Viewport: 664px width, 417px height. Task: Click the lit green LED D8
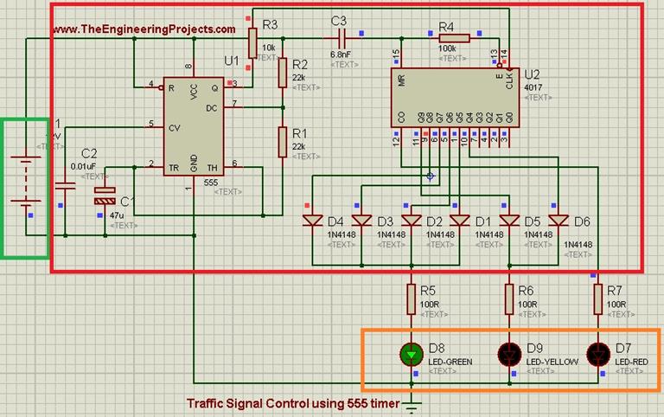click(411, 354)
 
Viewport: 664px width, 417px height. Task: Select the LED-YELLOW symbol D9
click(509, 354)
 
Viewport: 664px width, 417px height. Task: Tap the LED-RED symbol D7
click(597, 354)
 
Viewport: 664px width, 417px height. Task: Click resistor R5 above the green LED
click(411, 299)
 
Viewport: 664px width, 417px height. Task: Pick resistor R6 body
click(509, 299)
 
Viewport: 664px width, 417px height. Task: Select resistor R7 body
click(597, 299)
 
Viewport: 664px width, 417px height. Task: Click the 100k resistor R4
click(455, 38)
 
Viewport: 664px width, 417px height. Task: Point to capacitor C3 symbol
click(342, 38)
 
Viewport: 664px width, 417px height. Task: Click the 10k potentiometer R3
click(252, 40)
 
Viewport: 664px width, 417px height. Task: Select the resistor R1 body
click(283, 142)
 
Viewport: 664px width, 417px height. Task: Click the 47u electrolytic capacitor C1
click(105, 199)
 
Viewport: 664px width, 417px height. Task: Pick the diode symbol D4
click(312, 221)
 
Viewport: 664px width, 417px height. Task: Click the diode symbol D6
click(560, 221)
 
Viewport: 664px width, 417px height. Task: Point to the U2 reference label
click(532, 73)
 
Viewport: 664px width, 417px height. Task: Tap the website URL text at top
click(144, 29)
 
